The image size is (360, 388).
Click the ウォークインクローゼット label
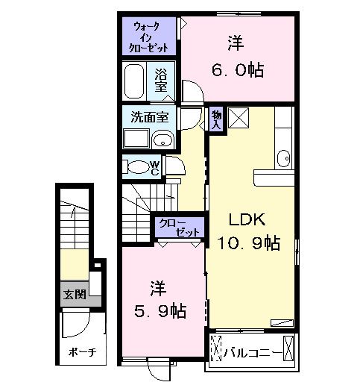[x=151, y=37]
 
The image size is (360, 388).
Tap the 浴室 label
[x=160, y=80]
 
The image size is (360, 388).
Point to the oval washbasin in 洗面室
[x=162, y=139]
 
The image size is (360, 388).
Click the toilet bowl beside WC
[x=136, y=167]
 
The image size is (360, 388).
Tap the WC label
[x=155, y=167]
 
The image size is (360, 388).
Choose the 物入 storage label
[x=216, y=119]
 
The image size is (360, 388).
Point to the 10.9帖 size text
[x=248, y=242]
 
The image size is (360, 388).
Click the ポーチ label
[x=78, y=351]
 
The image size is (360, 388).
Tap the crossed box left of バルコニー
[x=216, y=350]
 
